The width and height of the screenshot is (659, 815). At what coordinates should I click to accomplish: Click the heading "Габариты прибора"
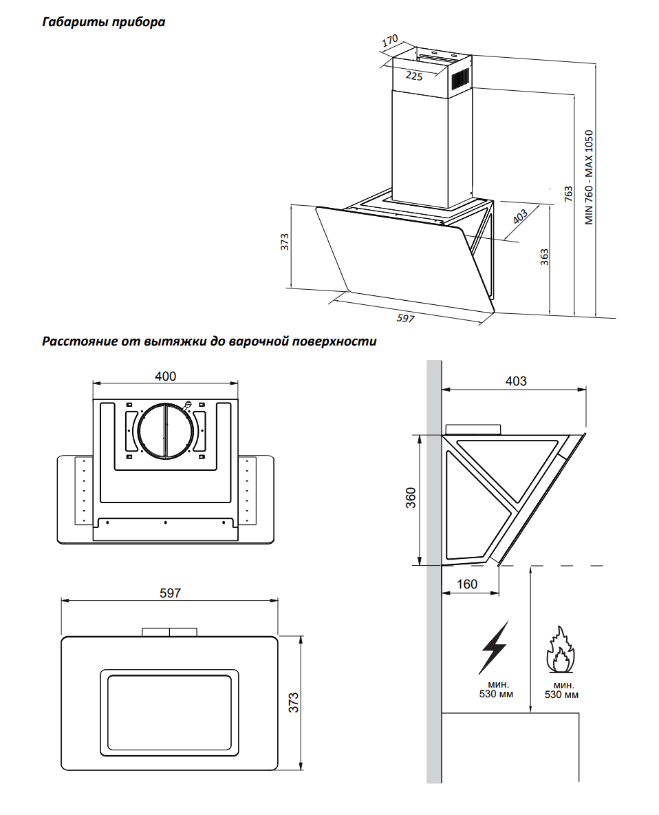104,22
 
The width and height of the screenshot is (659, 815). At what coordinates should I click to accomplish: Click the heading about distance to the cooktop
209,341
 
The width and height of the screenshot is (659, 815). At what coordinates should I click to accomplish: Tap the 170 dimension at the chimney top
390,41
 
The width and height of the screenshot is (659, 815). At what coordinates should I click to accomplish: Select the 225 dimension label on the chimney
414,76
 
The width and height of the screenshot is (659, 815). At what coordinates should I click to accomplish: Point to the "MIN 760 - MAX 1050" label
588,177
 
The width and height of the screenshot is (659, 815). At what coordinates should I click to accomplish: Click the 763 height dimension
568,194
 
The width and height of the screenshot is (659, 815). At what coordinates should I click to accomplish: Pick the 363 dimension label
544,257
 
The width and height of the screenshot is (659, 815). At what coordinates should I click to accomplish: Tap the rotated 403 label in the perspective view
520,216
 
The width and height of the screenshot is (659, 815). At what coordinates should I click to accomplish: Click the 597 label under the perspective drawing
406,317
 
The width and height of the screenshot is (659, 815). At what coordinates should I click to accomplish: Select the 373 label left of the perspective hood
284,242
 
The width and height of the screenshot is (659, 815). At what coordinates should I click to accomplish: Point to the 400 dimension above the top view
165,376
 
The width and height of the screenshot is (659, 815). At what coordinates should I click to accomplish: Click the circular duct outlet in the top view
165,431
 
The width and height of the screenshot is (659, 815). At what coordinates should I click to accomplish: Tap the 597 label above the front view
171,593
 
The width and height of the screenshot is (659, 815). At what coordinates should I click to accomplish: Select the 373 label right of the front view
294,703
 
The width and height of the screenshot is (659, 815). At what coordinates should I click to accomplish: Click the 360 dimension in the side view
411,498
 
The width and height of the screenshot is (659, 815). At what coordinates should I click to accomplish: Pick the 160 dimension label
467,584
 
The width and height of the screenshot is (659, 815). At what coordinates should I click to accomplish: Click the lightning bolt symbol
495,647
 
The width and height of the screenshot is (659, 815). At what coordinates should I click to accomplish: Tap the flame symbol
560,650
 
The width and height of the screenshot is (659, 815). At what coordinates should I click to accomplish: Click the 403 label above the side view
516,381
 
